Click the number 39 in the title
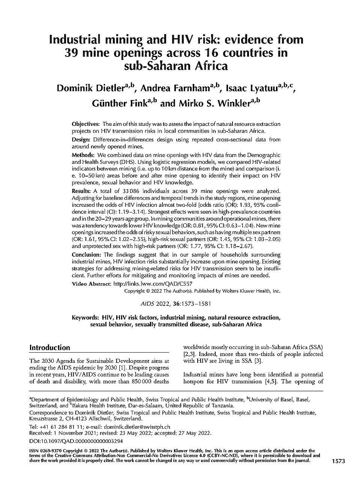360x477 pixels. point(71,53)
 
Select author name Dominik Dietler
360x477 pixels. point(90,89)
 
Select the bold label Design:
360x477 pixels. point(81,140)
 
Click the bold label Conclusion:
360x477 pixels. point(87,255)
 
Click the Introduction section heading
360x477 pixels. point(50,347)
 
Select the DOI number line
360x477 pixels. point(76,441)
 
